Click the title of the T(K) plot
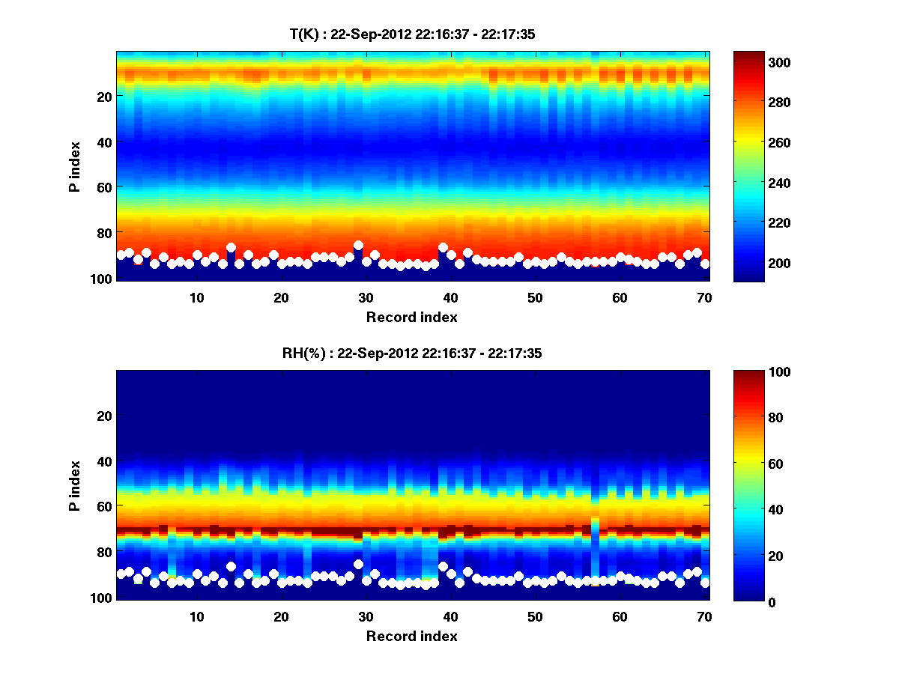point(412,34)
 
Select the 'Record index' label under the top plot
point(411,317)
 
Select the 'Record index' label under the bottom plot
point(411,636)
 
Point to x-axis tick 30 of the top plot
point(366,297)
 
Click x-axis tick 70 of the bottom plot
point(704,616)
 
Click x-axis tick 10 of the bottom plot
point(196,616)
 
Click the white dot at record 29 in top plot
point(358,246)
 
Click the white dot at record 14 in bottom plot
point(231,567)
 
